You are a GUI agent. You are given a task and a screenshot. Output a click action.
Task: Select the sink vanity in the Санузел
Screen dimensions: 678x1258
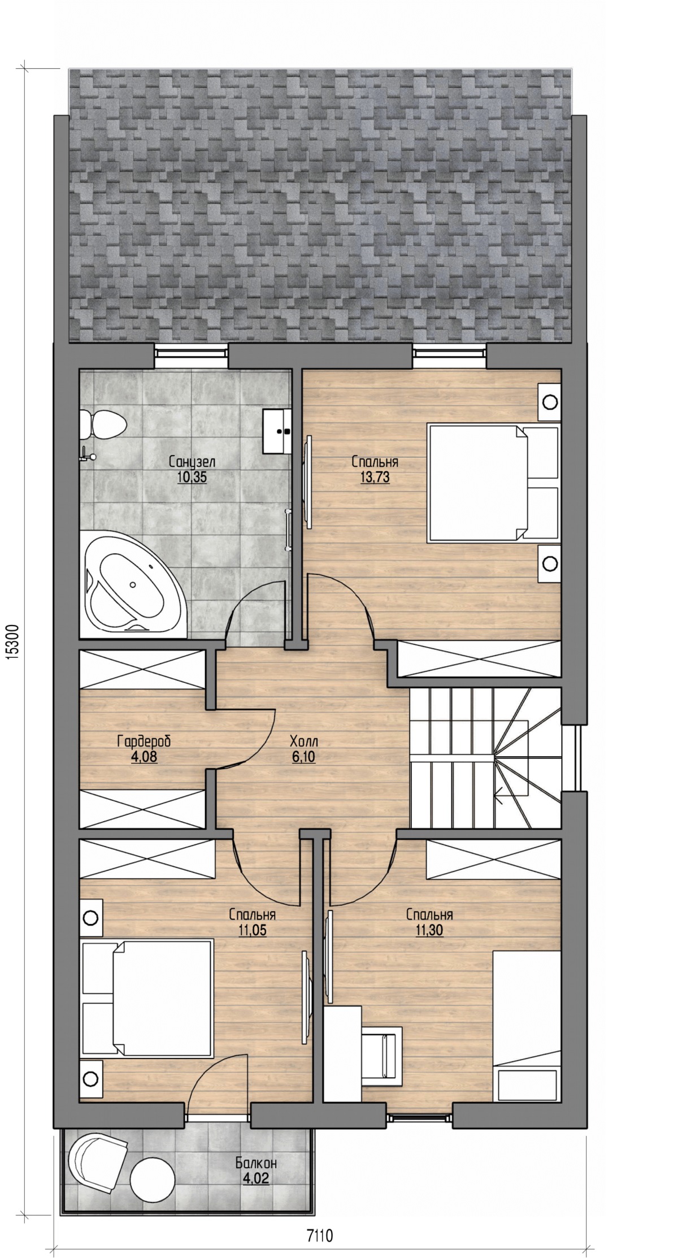coord(277,431)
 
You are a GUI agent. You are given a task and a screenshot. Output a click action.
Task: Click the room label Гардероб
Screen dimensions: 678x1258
coord(144,740)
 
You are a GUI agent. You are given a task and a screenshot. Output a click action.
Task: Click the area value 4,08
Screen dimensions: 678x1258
coord(144,756)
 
